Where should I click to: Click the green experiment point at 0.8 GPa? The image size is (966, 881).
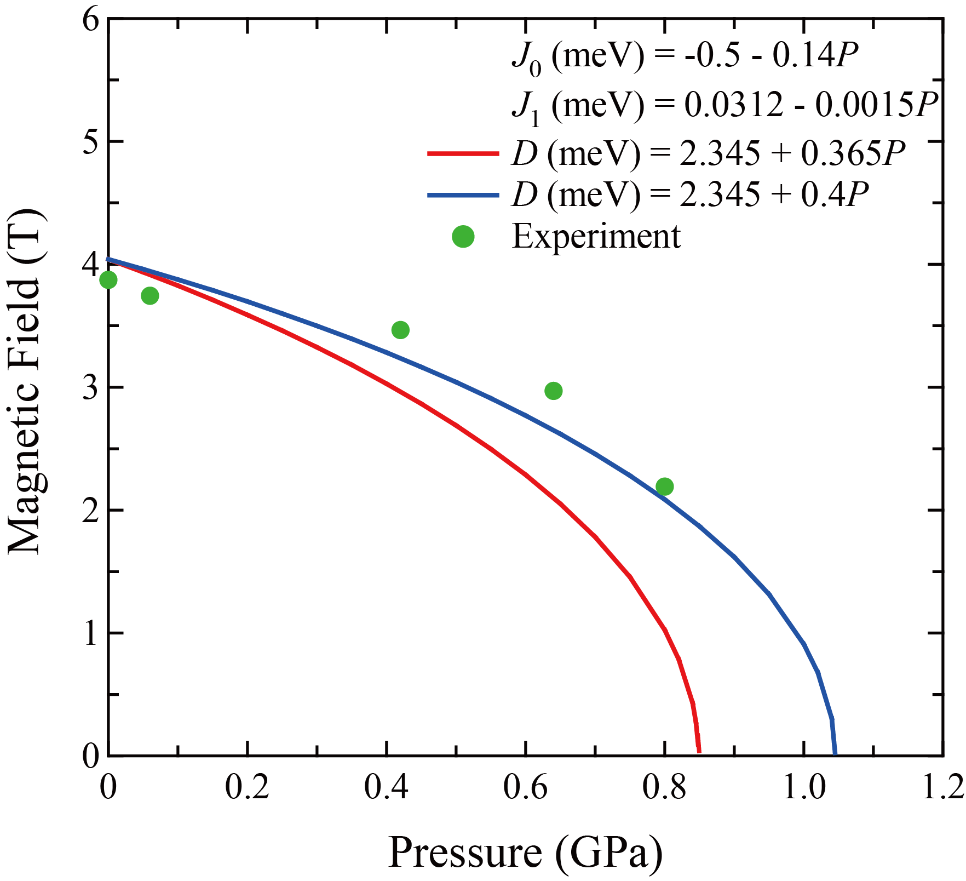pos(664,487)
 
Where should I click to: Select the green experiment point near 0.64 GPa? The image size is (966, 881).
pos(554,391)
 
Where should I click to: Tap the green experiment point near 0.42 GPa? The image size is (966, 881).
pos(400,330)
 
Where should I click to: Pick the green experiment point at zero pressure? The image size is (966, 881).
pos(108,280)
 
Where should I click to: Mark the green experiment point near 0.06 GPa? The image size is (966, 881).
pos(150,296)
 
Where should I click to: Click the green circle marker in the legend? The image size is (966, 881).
pos(463,236)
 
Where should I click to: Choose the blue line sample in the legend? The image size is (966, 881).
pos(463,194)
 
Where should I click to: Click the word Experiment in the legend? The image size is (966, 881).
pos(596,237)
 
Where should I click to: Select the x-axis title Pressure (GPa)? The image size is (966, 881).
pos(525,853)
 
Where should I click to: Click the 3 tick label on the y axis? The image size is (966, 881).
pos(90,387)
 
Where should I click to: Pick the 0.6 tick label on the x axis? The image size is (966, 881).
pos(525,787)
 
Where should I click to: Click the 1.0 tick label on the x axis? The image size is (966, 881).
pos(803,787)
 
